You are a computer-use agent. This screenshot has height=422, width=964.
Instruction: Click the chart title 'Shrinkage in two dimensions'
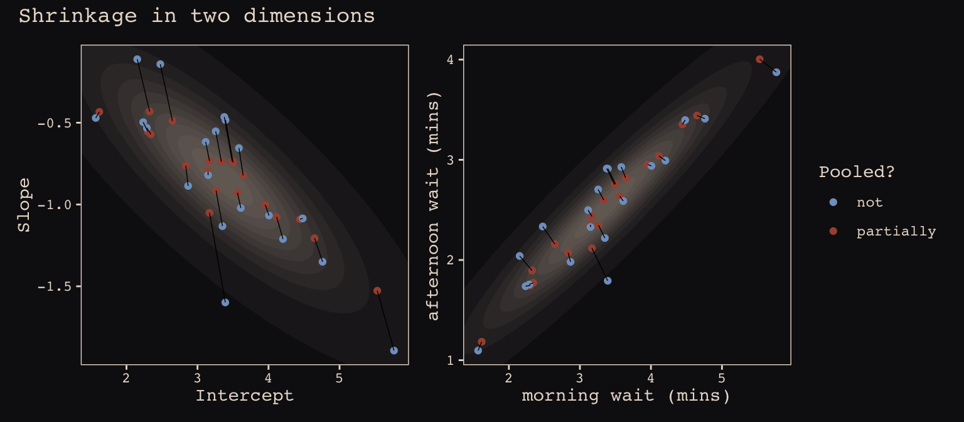(x=196, y=16)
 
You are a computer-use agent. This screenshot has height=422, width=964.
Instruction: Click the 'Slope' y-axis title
(x=24, y=205)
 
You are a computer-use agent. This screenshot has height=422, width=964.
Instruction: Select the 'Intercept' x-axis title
(x=245, y=396)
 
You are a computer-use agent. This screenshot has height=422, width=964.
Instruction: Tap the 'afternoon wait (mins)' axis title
(x=433, y=205)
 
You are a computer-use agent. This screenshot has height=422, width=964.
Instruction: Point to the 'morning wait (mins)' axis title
(x=626, y=396)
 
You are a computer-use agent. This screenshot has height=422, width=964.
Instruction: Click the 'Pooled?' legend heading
(x=856, y=172)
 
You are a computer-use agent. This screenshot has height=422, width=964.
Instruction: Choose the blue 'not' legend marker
(x=833, y=202)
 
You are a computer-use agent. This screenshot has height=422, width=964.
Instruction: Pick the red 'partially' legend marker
(x=833, y=231)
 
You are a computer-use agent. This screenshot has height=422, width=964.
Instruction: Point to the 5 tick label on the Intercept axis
(x=339, y=378)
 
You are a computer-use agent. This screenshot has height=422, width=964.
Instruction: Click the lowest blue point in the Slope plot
(x=394, y=350)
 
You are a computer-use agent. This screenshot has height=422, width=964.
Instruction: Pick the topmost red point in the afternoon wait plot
(x=759, y=59)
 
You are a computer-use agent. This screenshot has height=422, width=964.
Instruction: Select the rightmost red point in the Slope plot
(x=377, y=291)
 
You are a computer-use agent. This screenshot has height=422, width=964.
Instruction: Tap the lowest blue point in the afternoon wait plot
(x=478, y=350)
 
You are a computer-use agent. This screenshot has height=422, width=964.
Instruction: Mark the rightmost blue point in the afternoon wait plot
(x=776, y=72)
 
